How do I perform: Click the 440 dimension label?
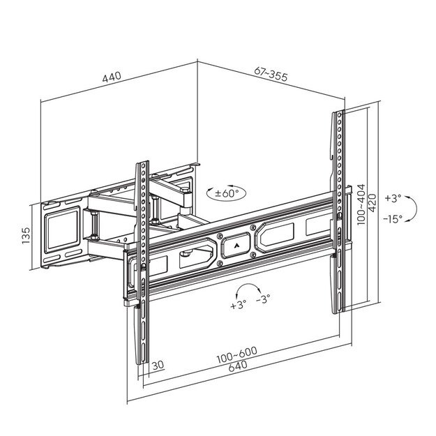coord(112,77)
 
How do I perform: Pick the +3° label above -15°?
coord(393,197)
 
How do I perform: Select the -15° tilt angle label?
coord(393,218)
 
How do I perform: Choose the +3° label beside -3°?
coord(237,306)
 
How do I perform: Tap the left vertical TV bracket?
coord(142,265)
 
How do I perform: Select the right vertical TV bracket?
coord(338,209)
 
